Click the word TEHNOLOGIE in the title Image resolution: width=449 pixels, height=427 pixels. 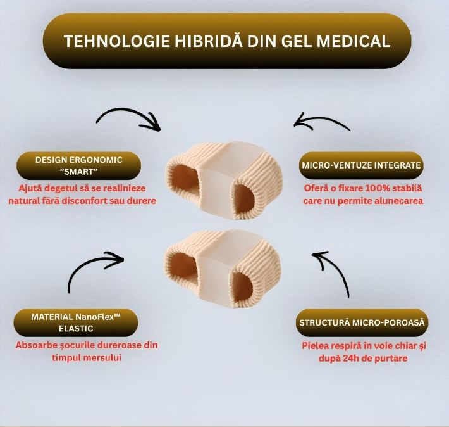tap(117, 41)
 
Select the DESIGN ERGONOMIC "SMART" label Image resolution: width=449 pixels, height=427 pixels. tap(79, 165)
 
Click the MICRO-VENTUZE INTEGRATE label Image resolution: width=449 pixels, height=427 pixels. tap(361, 165)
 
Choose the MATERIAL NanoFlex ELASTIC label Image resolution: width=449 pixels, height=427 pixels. tap(76, 322)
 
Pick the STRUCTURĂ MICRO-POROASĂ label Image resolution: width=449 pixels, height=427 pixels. tap(362, 322)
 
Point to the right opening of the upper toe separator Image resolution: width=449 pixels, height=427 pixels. tap(245, 198)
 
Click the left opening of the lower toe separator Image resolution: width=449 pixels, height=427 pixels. tap(183, 266)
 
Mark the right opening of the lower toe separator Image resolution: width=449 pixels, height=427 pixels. tap(243, 286)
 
